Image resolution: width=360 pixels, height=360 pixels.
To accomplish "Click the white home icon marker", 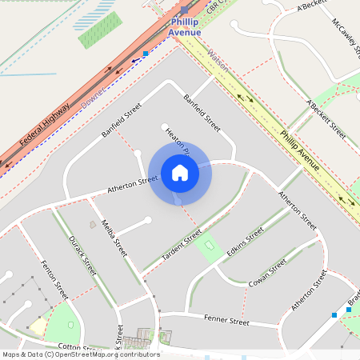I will click(x=179, y=173).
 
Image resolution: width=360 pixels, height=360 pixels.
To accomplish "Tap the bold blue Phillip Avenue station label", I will click(x=185, y=27).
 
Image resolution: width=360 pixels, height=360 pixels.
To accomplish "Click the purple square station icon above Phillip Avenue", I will click(x=185, y=10).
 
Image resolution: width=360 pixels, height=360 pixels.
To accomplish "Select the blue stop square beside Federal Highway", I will click(x=146, y=54).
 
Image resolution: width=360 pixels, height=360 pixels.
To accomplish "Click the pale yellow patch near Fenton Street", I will click(x=38, y=326).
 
